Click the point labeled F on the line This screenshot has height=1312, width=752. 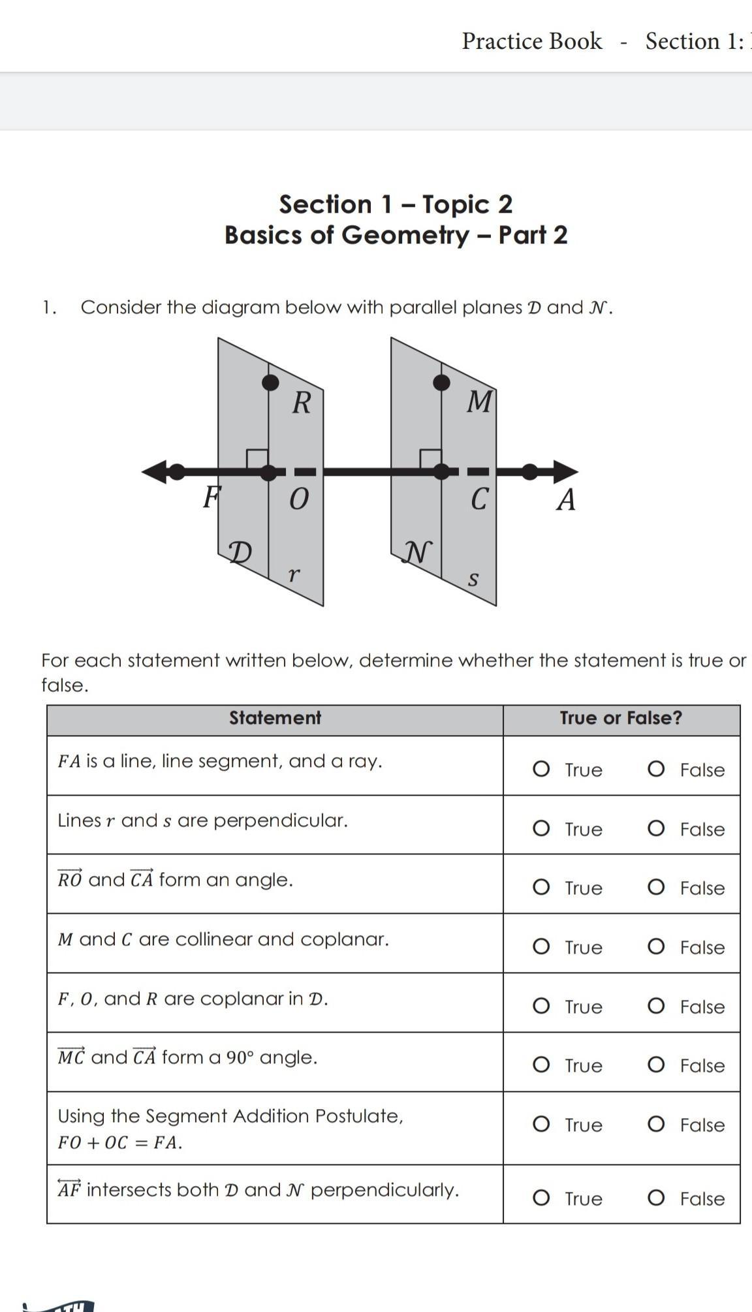(176, 471)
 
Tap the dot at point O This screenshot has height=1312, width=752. (269, 472)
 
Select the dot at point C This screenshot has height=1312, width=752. (442, 471)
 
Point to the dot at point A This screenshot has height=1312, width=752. (530, 471)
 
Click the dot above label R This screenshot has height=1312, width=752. (270, 383)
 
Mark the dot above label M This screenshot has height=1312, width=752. (442, 383)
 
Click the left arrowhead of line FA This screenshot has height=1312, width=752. (153, 471)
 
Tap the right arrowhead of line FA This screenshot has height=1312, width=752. (567, 471)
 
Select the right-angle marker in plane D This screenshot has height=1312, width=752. (257, 458)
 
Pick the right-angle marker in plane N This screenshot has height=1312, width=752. (430, 458)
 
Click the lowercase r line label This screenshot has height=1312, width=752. (294, 575)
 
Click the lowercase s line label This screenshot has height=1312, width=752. (474, 579)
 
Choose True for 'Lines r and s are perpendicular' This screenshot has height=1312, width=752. (541, 828)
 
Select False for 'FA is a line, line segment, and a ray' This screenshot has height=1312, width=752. (656, 769)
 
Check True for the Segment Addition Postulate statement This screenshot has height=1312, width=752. (541, 1124)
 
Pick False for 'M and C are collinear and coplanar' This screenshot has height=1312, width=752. (656, 946)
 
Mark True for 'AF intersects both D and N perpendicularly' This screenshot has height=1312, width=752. (541, 1198)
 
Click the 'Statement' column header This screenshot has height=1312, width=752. (275, 718)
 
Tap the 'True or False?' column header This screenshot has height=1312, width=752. (621, 718)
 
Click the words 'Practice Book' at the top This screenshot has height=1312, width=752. (532, 41)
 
